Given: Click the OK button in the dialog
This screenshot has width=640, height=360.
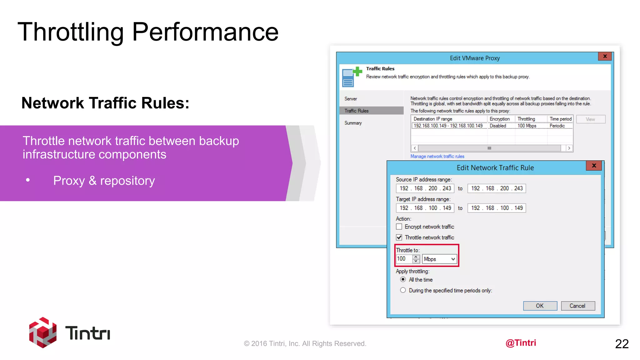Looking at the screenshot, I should (x=540, y=306).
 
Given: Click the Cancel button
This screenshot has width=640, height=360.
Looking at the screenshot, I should (x=577, y=306).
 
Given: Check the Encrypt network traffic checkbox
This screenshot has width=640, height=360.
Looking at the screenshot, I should (x=399, y=227).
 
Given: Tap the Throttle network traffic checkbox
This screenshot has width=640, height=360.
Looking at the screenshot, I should (x=399, y=237).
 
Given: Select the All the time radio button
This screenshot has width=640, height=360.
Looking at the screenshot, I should (x=403, y=279).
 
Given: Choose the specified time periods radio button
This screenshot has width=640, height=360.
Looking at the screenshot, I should (x=403, y=290).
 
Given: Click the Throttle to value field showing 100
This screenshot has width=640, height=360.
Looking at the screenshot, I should (x=404, y=259).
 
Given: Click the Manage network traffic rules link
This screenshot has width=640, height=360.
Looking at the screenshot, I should (x=437, y=156).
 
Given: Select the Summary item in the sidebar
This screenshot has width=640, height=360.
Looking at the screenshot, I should (x=353, y=123).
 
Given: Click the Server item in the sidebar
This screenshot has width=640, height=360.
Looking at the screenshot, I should (x=351, y=99).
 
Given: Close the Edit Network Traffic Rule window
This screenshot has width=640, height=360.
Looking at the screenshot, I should (x=594, y=166).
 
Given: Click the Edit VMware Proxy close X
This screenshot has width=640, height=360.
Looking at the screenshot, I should (x=605, y=56).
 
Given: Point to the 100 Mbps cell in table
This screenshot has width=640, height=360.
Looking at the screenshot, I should (x=527, y=126).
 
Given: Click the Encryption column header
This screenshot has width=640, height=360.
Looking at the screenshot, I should (x=499, y=119).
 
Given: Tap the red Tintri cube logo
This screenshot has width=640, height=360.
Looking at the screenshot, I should (x=43, y=332).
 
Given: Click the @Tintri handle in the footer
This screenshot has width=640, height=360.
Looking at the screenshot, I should (x=521, y=343).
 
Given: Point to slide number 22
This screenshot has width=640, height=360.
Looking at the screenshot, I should (x=622, y=344).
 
